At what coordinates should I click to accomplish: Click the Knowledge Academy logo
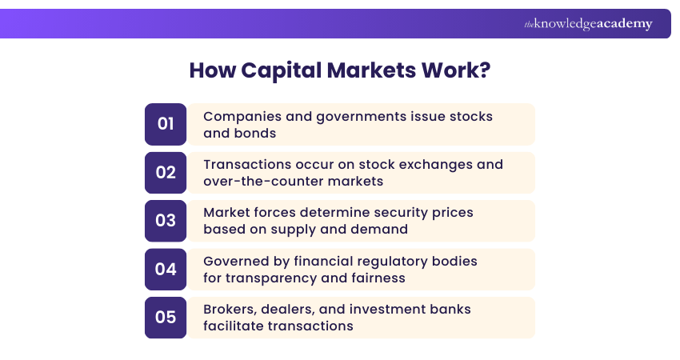[x=588, y=24]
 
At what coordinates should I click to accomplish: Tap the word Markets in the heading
[x=366, y=70]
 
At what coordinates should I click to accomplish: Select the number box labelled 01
[x=166, y=124]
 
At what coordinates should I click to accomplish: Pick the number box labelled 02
[x=166, y=173]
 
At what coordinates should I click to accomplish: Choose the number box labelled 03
[x=166, y=221]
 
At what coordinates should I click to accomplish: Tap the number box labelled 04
[x=166, y=270]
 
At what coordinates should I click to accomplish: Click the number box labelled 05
[x=166, y=318]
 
